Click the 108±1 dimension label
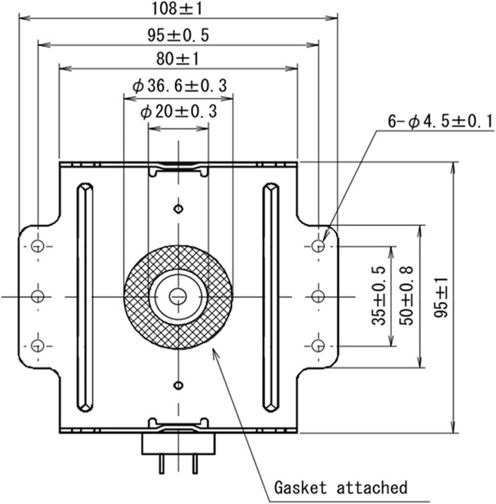click(x=177, y=9)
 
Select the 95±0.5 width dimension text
click(x=178, y=35)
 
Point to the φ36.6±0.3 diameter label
click(x=179, y=86)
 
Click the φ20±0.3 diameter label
click(x=179, y=112)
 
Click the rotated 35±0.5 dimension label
click(x=379, y=296)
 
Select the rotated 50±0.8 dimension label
click(x=406, y=296)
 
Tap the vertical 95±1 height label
click(x=441, y=297)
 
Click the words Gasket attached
click(x=341, y=487)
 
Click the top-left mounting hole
click(x=38, y=245)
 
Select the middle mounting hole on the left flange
click(x=38, y=296)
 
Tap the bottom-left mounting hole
click(x=38, y=346)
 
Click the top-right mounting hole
click(x=319, y=245)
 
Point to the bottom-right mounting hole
click(x=319, y=346)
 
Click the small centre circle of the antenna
click(x=178, y=296)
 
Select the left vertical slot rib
click(x=84, y=297)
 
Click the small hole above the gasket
click(x=178, y=209)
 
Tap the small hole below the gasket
click(x=178, y=384)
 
